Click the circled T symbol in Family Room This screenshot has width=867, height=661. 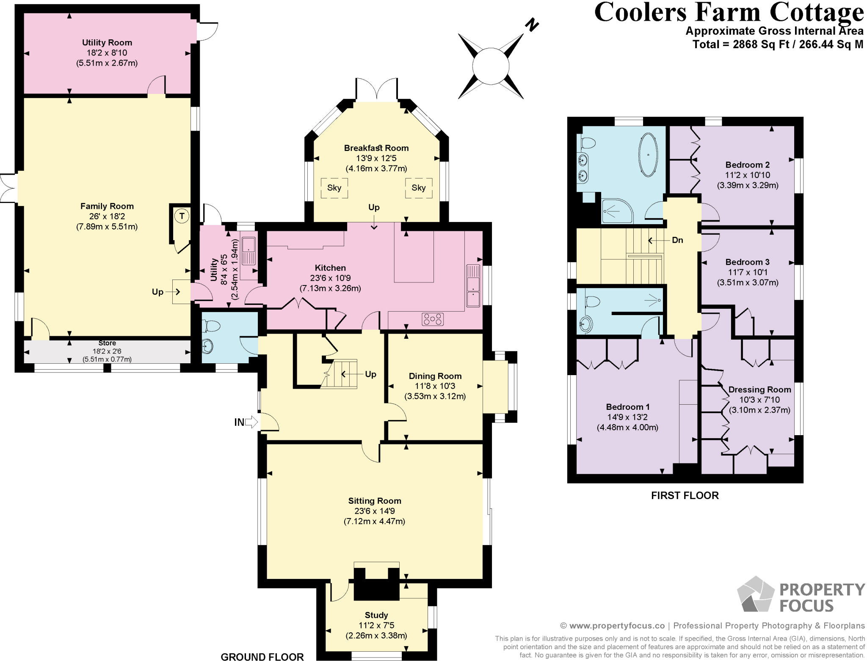(182, 216)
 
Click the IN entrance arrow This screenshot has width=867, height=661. (251, 422)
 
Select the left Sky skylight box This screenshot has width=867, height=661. (334, 188)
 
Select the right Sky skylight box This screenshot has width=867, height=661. (418, 188)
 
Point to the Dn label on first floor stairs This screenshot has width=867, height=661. (677, 240)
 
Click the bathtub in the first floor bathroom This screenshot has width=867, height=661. (648, 155)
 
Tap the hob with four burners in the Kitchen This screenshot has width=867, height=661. (432, 319)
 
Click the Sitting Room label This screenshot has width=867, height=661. (374, 501)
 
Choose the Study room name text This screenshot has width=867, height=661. (376, 615)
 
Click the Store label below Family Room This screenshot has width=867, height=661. (107, 343)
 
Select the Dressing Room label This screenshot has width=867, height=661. (759, 389)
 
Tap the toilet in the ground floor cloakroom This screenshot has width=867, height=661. (212, 326)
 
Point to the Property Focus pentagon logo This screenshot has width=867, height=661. (756, 595)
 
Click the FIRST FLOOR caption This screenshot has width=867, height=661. (685, 495)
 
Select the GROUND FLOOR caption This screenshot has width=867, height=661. (262, 656)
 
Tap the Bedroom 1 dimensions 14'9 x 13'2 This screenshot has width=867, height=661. (627, 417)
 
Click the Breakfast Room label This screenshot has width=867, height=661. (376, 148)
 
